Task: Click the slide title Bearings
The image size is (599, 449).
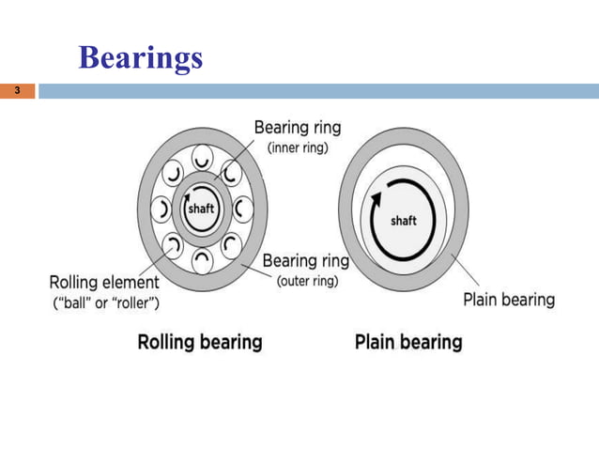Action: tap(141, 58)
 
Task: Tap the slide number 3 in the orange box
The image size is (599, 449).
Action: tap(16, 92)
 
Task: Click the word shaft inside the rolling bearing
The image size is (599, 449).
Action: tap(202, 209)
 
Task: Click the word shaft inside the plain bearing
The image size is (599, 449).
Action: tap(403, 221)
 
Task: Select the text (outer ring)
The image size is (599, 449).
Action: tap(308, 281)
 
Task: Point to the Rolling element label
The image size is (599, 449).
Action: tap(103, 281)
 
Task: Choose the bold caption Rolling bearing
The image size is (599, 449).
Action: tap(200, 341)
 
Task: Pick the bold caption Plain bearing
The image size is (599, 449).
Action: tap(408, 341)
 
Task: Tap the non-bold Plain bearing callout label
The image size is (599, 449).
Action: tap(509, 301)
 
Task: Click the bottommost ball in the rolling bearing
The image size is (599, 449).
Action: tap(202, 259)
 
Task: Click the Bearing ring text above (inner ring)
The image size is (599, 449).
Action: tap(298, 128)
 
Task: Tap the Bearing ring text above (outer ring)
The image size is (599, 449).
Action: tap(307, 260)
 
